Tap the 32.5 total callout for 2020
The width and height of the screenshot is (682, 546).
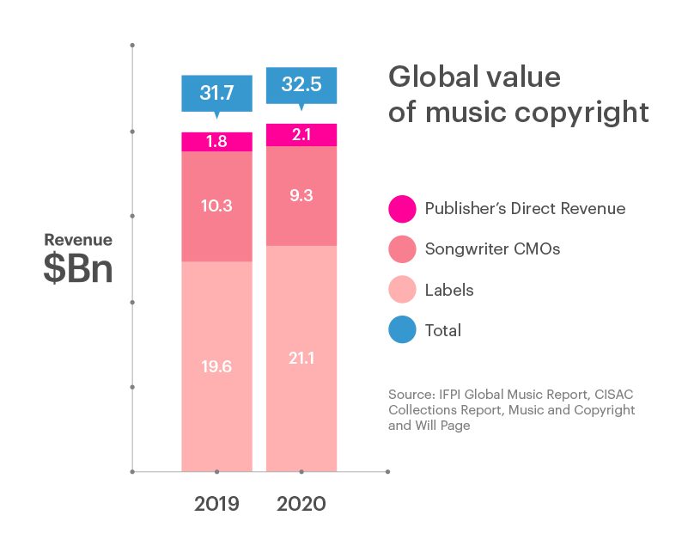[301, 87]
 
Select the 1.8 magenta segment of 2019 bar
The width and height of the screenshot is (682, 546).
[216, 142]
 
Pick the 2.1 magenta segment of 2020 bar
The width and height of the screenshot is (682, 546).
[301, 135]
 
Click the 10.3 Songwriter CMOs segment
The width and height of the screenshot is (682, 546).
[216, 206]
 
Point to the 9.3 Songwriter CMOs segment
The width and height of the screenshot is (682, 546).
[301, 196]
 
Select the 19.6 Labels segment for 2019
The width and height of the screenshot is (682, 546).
[216, 366]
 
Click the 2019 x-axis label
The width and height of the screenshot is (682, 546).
[216, 504]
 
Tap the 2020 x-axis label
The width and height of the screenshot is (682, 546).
[301, 504]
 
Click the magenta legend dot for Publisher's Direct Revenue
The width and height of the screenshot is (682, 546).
[400, 209]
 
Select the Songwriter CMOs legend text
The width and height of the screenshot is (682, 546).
[493, 249]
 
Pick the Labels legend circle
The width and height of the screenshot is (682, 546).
[400, 290]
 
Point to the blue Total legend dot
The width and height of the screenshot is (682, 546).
[400, 330]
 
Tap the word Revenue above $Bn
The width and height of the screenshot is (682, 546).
[78, 240]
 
